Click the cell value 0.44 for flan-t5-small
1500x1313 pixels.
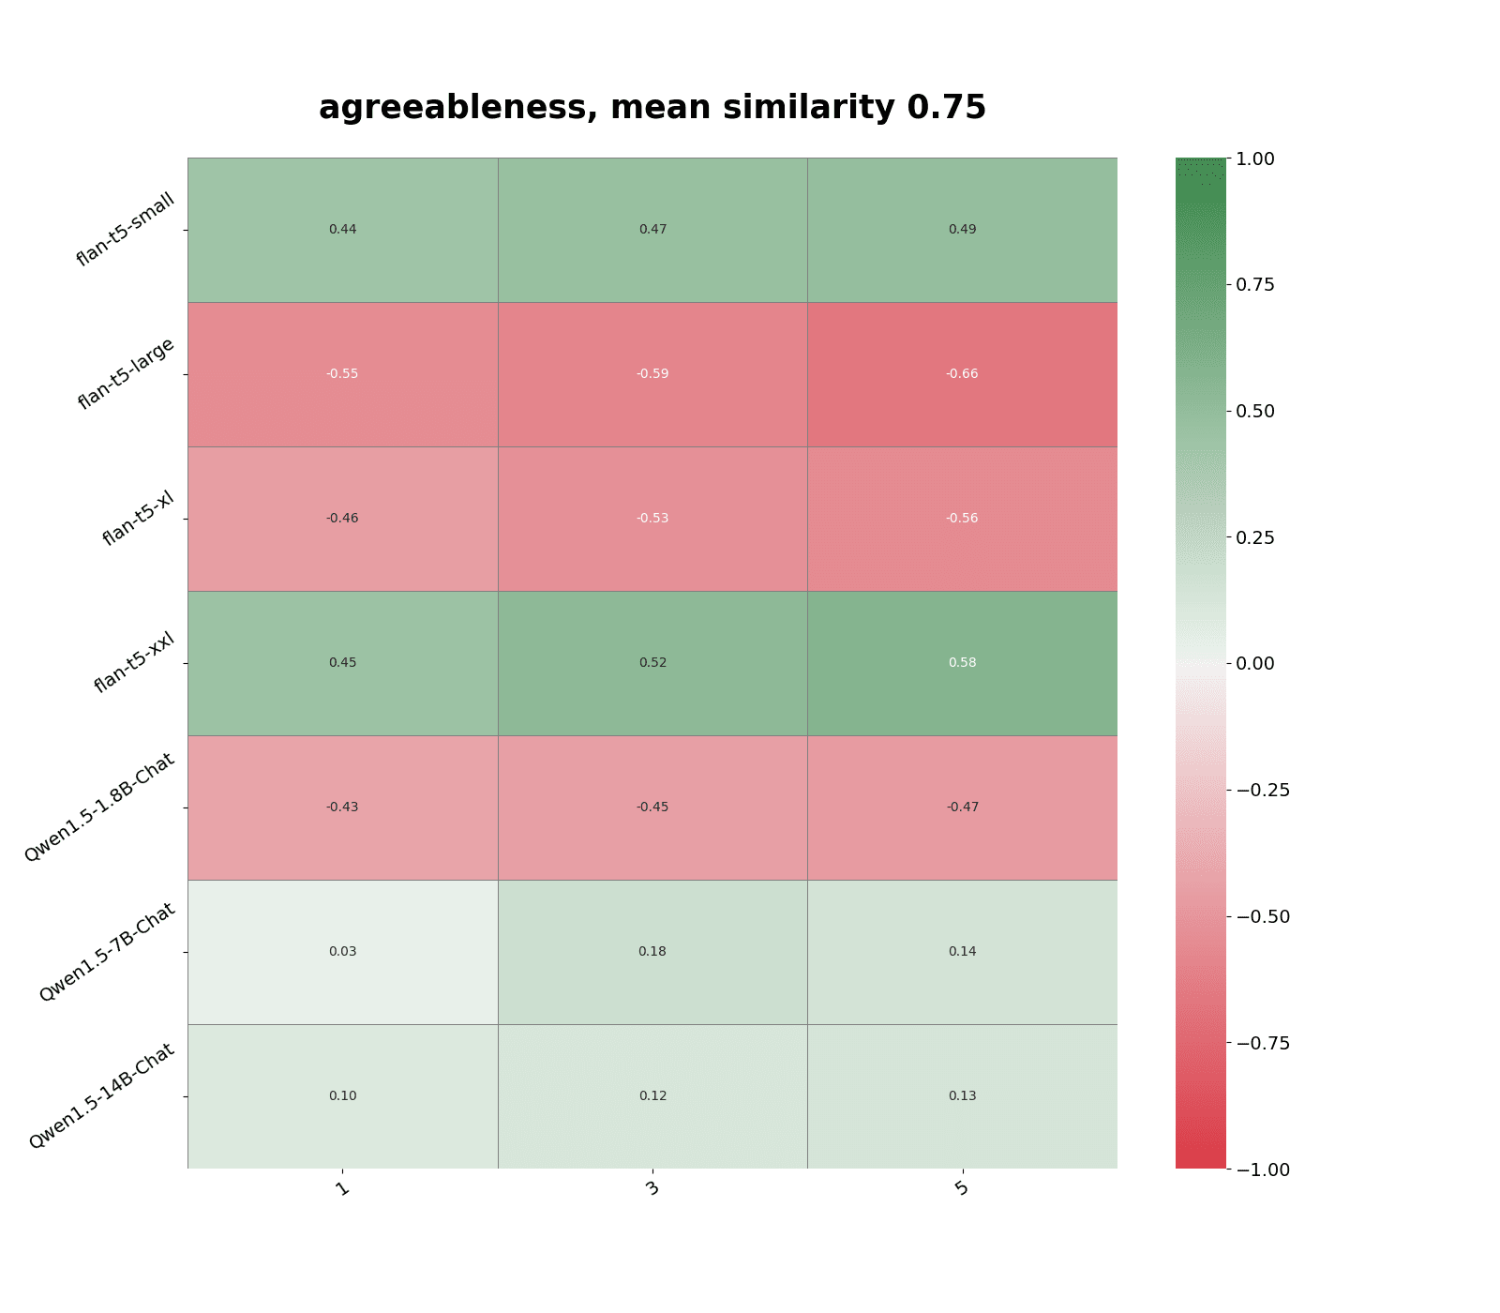click(342, 229)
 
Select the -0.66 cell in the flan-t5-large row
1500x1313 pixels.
click(962, 373)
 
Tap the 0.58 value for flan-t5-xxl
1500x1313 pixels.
click(962, 662)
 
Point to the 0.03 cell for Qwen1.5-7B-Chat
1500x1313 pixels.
click(342, 951)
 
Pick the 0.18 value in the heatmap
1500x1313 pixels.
click(652, 951)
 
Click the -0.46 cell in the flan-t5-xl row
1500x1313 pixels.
click(342, 518)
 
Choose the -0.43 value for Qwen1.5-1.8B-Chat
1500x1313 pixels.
click(342, 807)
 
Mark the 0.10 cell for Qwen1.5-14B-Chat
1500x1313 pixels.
click(342, 1095)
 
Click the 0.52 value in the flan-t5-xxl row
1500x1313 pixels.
click(652, 662)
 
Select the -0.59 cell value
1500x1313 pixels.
click(652, 373)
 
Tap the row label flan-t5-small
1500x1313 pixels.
click(126, 230)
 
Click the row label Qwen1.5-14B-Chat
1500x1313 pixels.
click(102, 1096)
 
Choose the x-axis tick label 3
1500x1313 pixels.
click(652, 1189)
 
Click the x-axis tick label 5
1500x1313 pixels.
click(962, 1189)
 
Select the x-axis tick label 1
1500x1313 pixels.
click(342, 1189)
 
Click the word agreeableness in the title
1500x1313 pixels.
click(458, 108)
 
